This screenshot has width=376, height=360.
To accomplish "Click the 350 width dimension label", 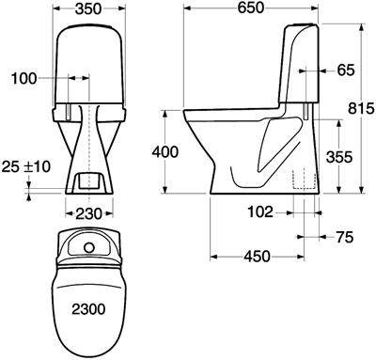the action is point(88,8).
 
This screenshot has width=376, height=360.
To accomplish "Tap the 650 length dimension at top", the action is point(251,8).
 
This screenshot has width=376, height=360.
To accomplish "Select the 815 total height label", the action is point(361,109).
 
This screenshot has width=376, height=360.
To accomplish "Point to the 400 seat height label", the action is point(164,152).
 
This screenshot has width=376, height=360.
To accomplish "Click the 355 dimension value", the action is point(339,157).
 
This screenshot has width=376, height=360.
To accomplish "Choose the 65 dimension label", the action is point(346,70).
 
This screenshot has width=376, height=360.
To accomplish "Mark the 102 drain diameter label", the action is point(260,212).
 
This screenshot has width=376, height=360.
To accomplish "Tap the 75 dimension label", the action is point(344,237).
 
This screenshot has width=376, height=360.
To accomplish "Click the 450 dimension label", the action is point(257,257).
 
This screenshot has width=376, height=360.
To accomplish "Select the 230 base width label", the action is point(89,214).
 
